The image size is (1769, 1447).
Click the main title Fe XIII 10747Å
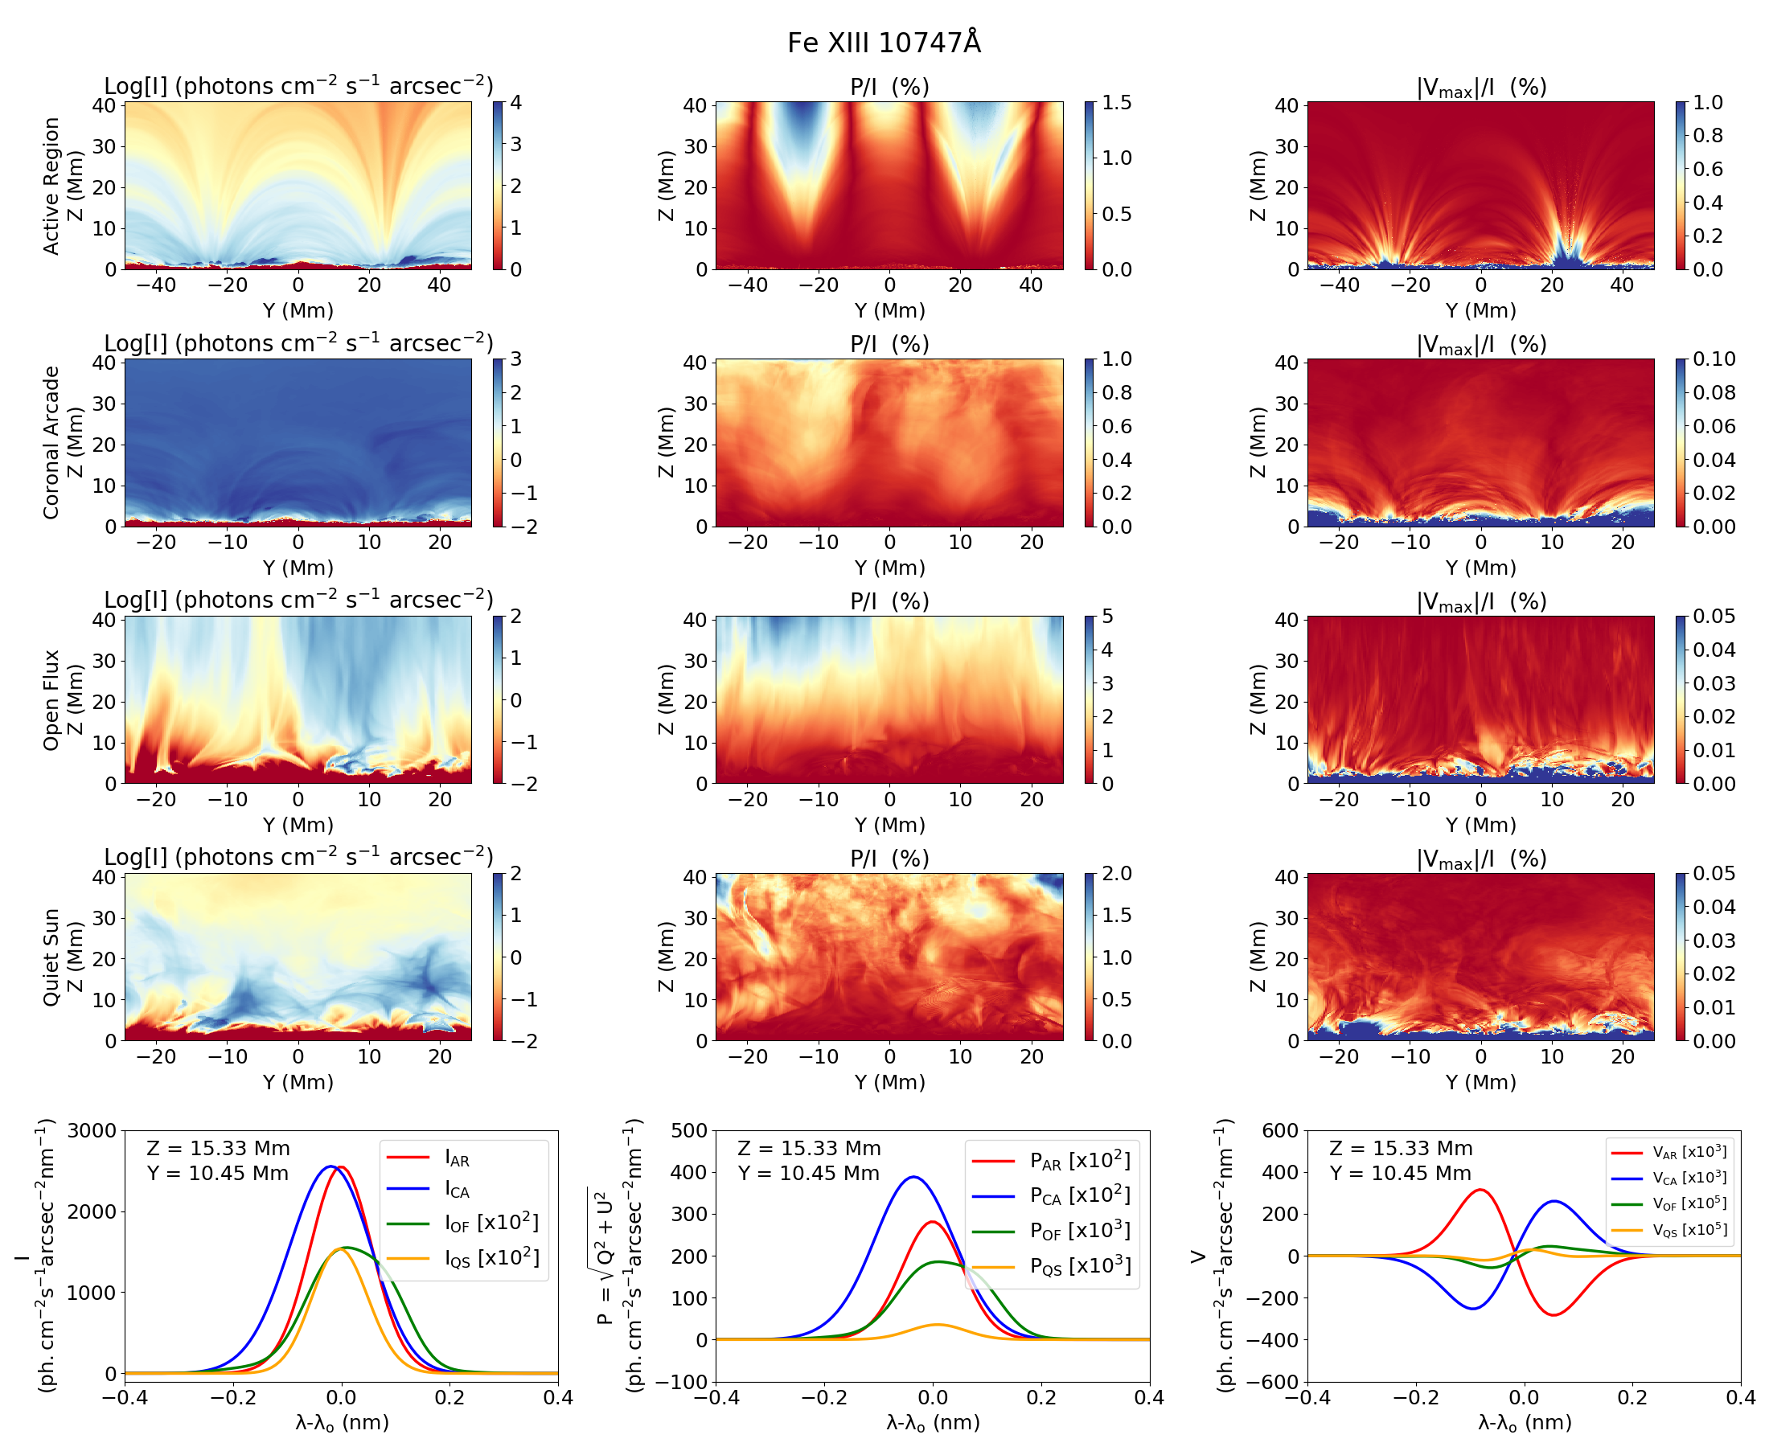click(x=884, y=43)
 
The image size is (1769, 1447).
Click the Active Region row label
click(x=51, y=185)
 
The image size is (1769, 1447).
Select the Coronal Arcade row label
click(x=51, y=443)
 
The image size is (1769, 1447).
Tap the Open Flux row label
click(x=51, y=700)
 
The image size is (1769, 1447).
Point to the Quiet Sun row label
click(x=51, y=957)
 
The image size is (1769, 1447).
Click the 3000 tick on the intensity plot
click(x=92, y=1131)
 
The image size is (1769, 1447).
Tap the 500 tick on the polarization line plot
click(x=688, y=1131)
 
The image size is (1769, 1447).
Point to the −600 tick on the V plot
click(x=1273, y=1382)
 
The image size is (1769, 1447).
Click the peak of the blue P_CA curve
click(x=913, y=1177)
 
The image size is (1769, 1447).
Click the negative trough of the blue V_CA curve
click(x=1473, y=1309)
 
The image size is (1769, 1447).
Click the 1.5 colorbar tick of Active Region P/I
click(x=1116, y=103)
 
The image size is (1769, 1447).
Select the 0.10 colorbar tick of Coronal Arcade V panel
click(x=1714, y=359)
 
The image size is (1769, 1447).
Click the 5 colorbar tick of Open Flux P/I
click(x=1107, y=617)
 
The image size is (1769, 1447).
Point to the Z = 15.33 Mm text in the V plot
click(x=1401, y=1149)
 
